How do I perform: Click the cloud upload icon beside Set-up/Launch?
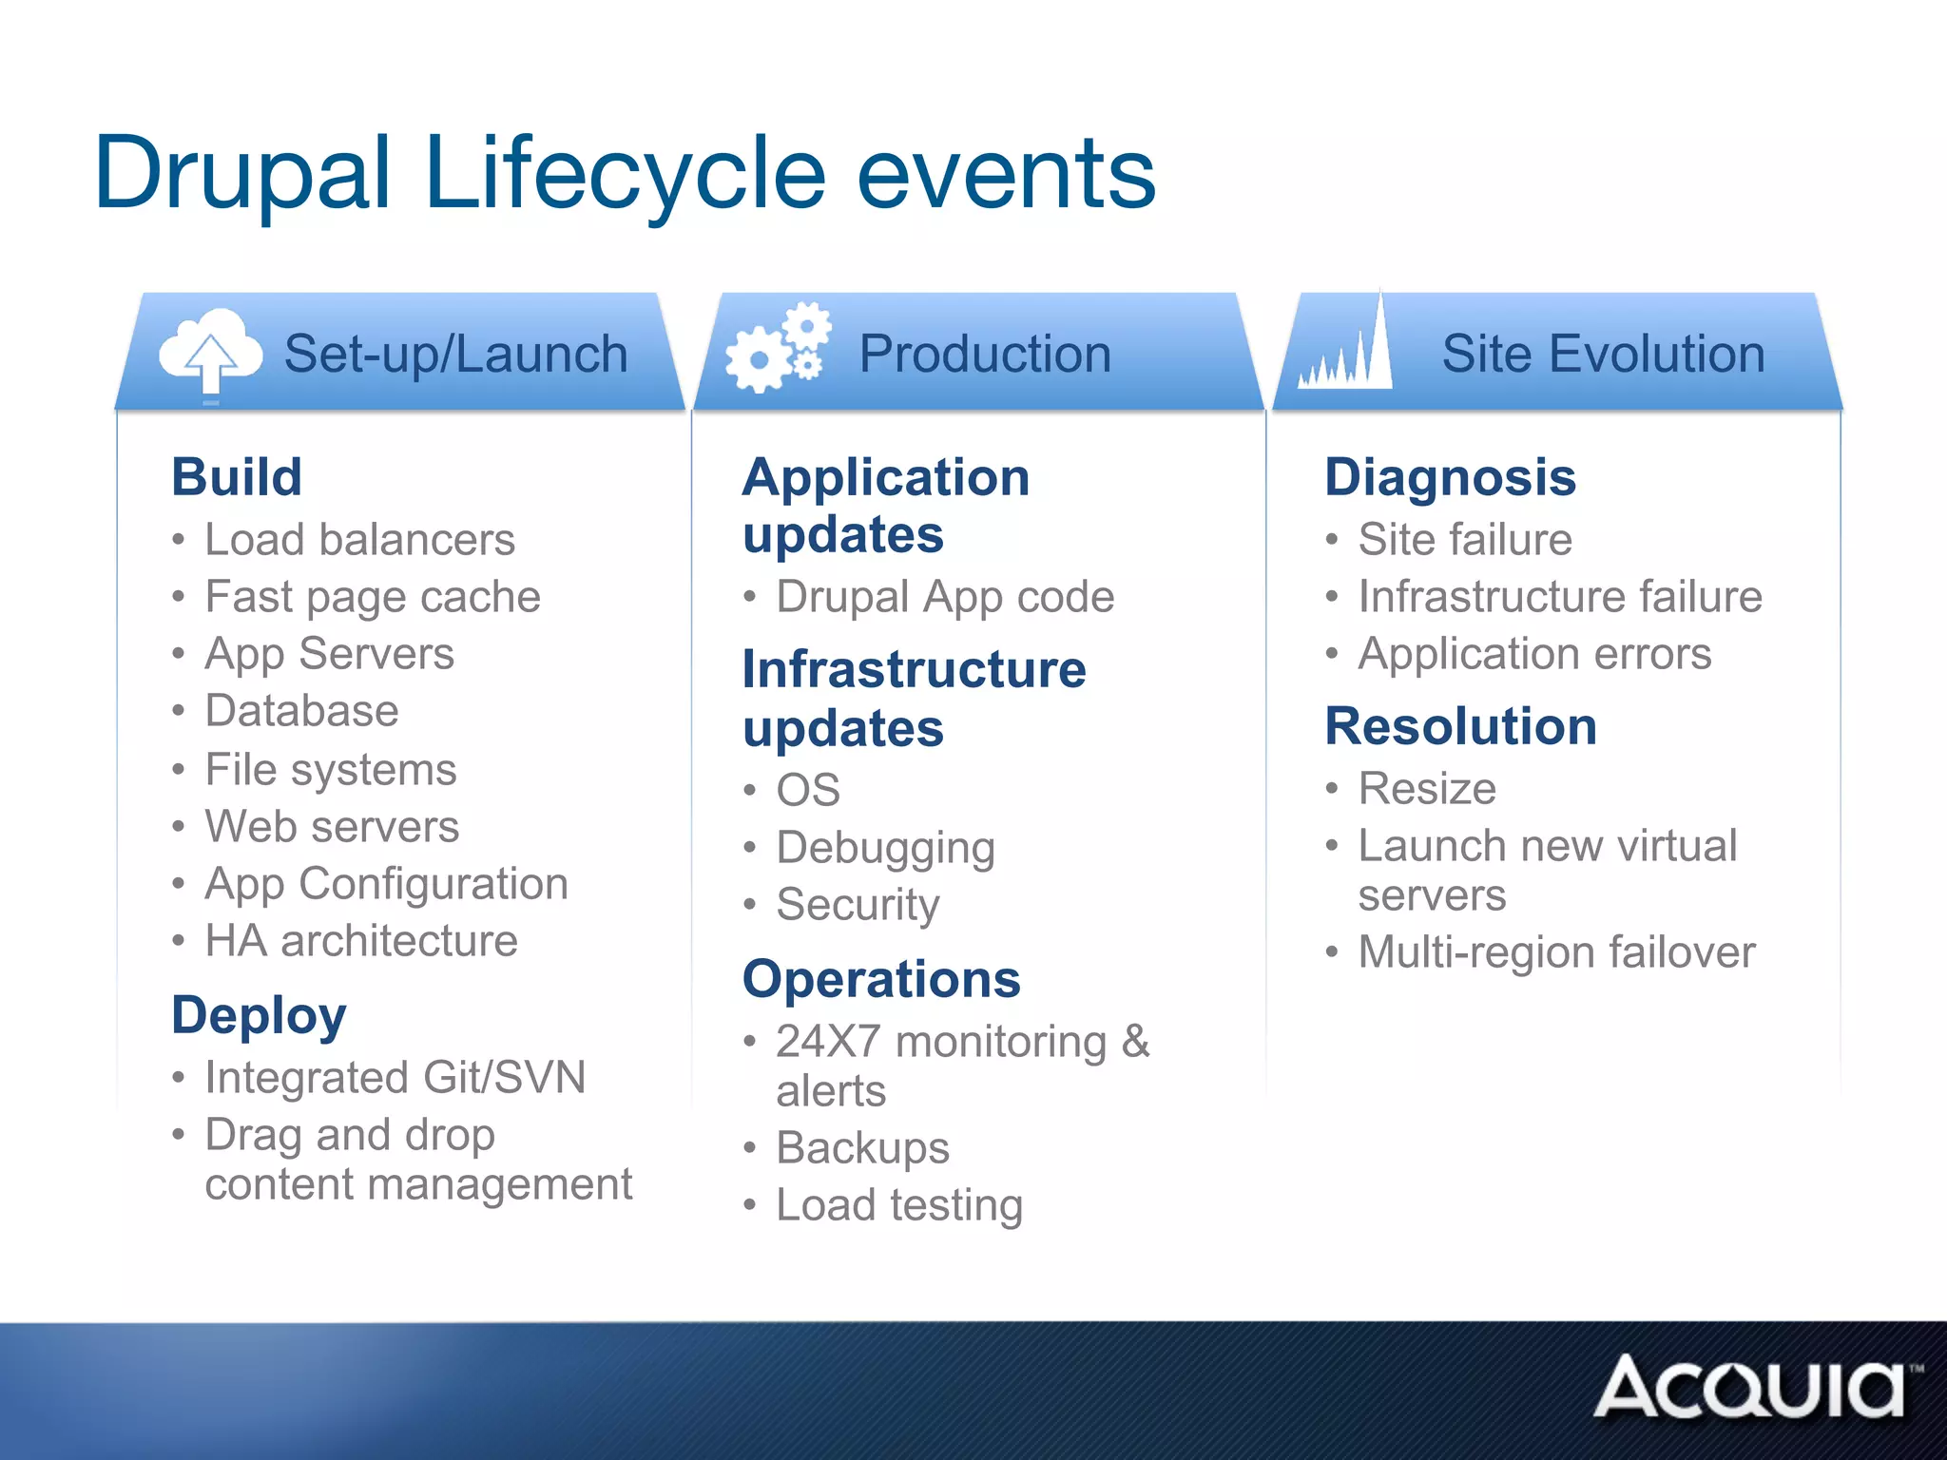[211, 353]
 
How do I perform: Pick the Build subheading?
[237, 476]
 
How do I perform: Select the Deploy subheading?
[259, 1015]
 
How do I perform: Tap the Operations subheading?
[881, 979]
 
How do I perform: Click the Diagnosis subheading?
[1450, 476]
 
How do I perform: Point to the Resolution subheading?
[1460, 726]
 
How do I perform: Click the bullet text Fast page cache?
[373, 597]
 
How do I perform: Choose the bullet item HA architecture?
[361, 941]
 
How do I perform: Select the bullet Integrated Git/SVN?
[395, 1078]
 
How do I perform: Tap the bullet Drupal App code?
[945, 597]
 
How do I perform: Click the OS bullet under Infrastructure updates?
[808, 790]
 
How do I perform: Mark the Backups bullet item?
[862, 1148]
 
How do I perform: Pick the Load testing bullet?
[899, 1205]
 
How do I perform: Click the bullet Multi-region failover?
[1556, 952]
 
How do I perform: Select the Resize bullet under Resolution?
[1427, 789]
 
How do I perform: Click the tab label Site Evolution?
[1603, 354]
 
